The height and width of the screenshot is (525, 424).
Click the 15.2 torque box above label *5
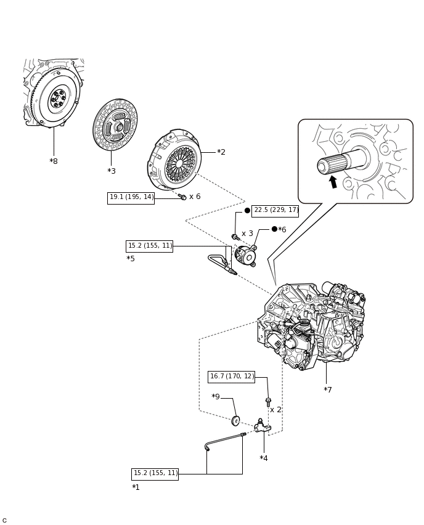149,246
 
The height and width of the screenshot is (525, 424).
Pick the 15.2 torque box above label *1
155,474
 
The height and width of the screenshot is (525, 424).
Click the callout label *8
54,161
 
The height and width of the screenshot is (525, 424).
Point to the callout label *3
112,171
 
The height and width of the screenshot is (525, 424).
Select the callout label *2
221,152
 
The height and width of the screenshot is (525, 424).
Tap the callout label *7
328,390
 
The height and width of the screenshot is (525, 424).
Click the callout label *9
216,397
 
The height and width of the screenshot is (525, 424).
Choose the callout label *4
264,458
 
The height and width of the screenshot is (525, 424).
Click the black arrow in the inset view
333,181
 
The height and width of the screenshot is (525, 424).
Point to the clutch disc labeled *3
115,125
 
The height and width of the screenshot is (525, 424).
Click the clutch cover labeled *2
175,160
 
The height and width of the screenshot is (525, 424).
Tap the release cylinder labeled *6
246,255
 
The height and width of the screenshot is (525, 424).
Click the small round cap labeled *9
235,421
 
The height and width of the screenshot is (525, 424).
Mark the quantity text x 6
195,197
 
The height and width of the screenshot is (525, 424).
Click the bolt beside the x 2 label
268,402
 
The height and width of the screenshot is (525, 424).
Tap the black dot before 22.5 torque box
247,211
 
